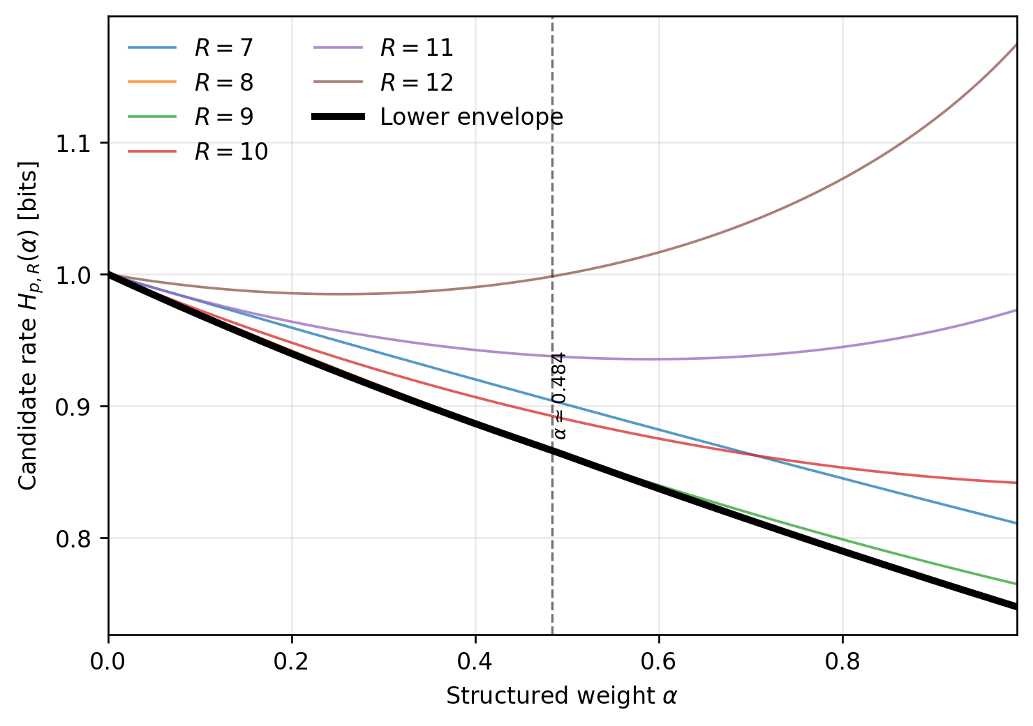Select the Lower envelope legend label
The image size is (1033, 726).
pos(471,116)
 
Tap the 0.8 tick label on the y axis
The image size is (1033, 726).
pos(73,539)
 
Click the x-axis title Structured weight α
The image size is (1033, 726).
pos(561,695)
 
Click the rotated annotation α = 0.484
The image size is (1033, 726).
pos(559,395)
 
